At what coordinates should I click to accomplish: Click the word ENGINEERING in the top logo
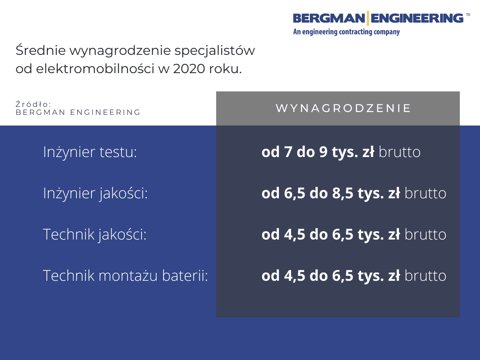coord(417,18)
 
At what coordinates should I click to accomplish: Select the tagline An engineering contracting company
coord(346,32)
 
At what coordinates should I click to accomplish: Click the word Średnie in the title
coord(40,50)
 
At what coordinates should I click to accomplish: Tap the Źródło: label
coord(33,104)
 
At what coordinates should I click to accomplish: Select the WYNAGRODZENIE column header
coord(343,108)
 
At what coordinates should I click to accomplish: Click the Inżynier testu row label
coord(90,152)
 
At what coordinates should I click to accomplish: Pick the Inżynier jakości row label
coord(95,194)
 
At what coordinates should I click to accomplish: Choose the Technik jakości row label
coord(95,234)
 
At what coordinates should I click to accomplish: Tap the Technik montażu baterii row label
coord(126,276)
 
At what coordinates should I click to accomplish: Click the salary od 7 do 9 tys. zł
coord(318,152)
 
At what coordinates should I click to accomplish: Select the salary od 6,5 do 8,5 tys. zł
coord(330,194)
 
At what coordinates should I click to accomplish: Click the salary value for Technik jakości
coord(330,234)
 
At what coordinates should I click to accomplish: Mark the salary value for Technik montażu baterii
coord(330,276)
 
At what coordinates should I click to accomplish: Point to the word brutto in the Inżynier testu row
coord(399,152)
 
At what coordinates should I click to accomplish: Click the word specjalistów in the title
coord(215,51)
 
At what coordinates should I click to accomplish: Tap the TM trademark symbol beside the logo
coord(468,14)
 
